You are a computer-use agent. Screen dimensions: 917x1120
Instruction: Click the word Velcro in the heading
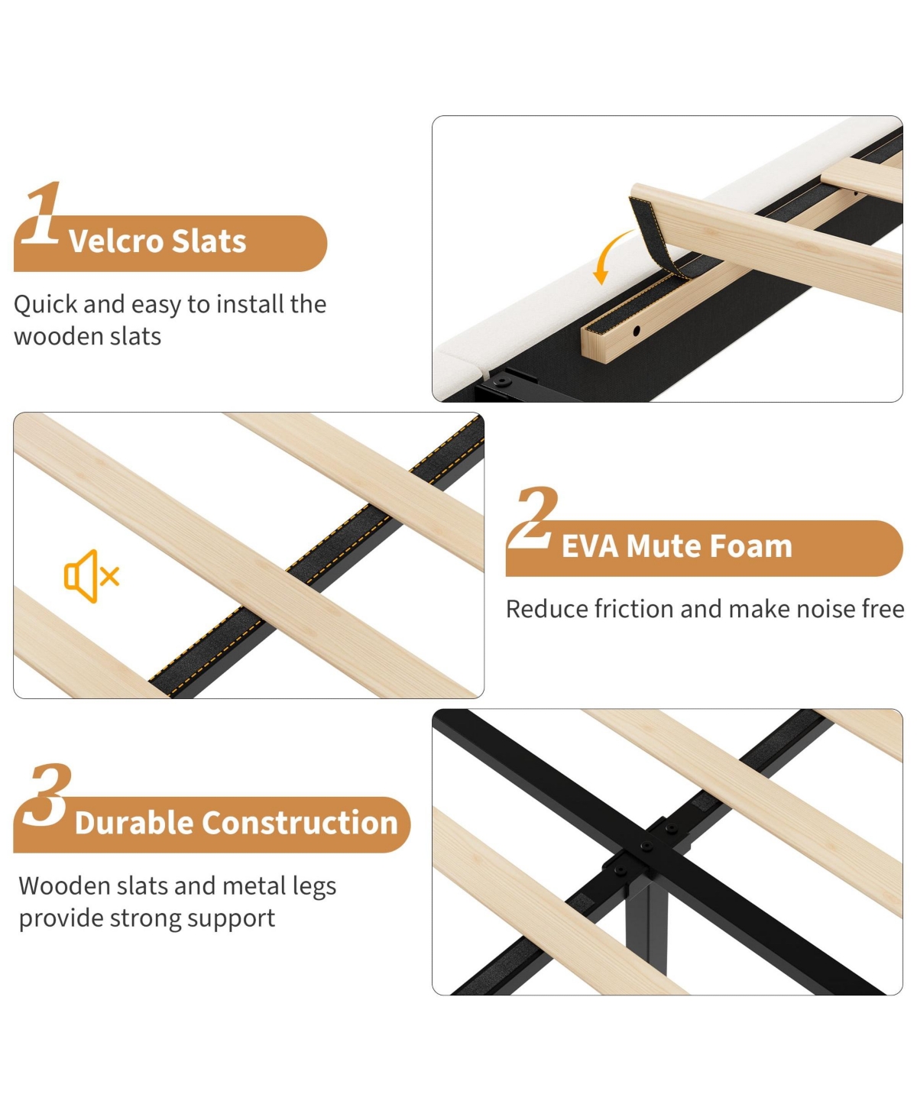[115, 241]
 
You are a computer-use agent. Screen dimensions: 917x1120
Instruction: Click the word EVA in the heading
[590, 546]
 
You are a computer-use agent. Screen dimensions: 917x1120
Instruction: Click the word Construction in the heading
[300, 823]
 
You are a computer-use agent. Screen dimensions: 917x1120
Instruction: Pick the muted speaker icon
[92, 576]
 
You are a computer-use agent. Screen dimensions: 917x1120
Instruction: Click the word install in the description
[248, 304]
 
